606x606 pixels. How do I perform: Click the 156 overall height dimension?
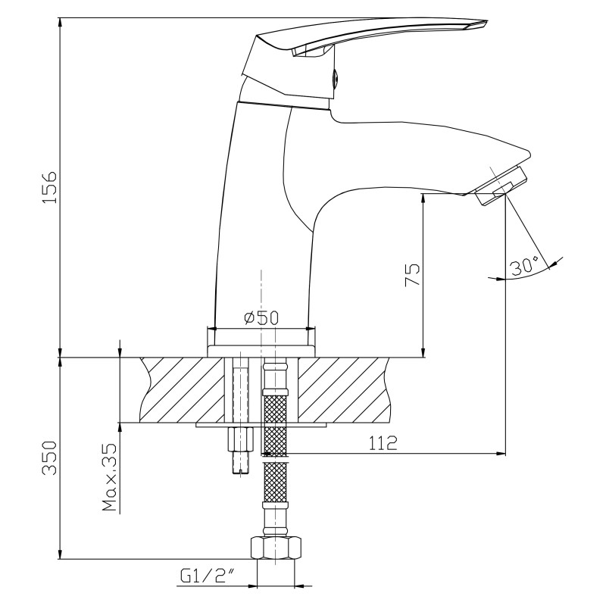click(x=49, y=187)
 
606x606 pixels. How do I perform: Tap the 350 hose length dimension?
click(x=49, y=458)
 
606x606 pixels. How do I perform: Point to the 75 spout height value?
click(x=412, y=274)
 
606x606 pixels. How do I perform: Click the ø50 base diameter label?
click(x=261, y=317)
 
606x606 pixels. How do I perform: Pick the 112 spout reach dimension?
click(x=383, y=442)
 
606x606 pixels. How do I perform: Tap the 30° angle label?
click(x=524, y=266)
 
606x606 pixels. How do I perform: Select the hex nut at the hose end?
click(x=276, y=547)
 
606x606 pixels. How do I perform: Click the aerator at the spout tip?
click(x=500, y=185)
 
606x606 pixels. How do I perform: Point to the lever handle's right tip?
click(x=487, y=22)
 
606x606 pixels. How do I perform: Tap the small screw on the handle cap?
click(x=336, y=76)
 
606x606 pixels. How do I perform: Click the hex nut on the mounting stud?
click(x=240, y=439)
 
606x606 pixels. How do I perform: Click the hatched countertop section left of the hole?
click(x=182, y=389)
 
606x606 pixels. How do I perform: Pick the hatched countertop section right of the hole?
click(x=343, y=389)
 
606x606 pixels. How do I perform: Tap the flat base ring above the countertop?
click(x=261, y=351)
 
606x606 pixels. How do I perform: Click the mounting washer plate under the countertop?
click(x=261, y=424)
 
